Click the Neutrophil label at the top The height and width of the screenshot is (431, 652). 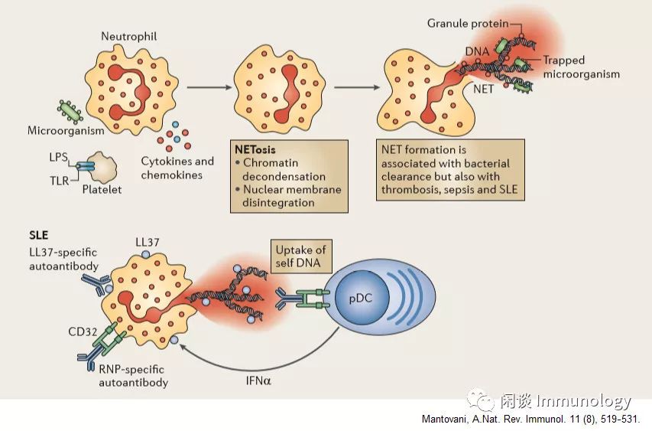pos(128,37)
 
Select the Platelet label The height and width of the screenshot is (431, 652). pos(102,189)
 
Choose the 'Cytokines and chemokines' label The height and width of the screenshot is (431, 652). pos(177,168)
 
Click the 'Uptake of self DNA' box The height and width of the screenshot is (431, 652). pos(299,256)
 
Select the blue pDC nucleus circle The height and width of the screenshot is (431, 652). pos(363,297)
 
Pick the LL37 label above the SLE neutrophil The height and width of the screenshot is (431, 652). pos(148,242)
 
